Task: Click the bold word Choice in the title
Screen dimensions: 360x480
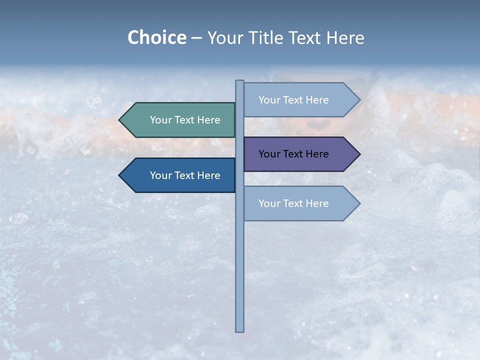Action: click(x=156, y=37)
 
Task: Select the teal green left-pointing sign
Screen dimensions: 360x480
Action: click(x=180, y=120)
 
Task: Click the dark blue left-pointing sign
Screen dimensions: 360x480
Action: click(x=180, y=175)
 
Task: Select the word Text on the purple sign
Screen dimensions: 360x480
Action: click(x=293, y=154)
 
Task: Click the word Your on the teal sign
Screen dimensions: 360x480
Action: click(x=160, y=120)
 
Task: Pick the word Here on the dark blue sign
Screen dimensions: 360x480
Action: click(x=208, y=175)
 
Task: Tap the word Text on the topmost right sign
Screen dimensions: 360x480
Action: click(x=293, y=100)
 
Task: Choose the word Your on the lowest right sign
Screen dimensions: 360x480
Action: click(x=269, y=203)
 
